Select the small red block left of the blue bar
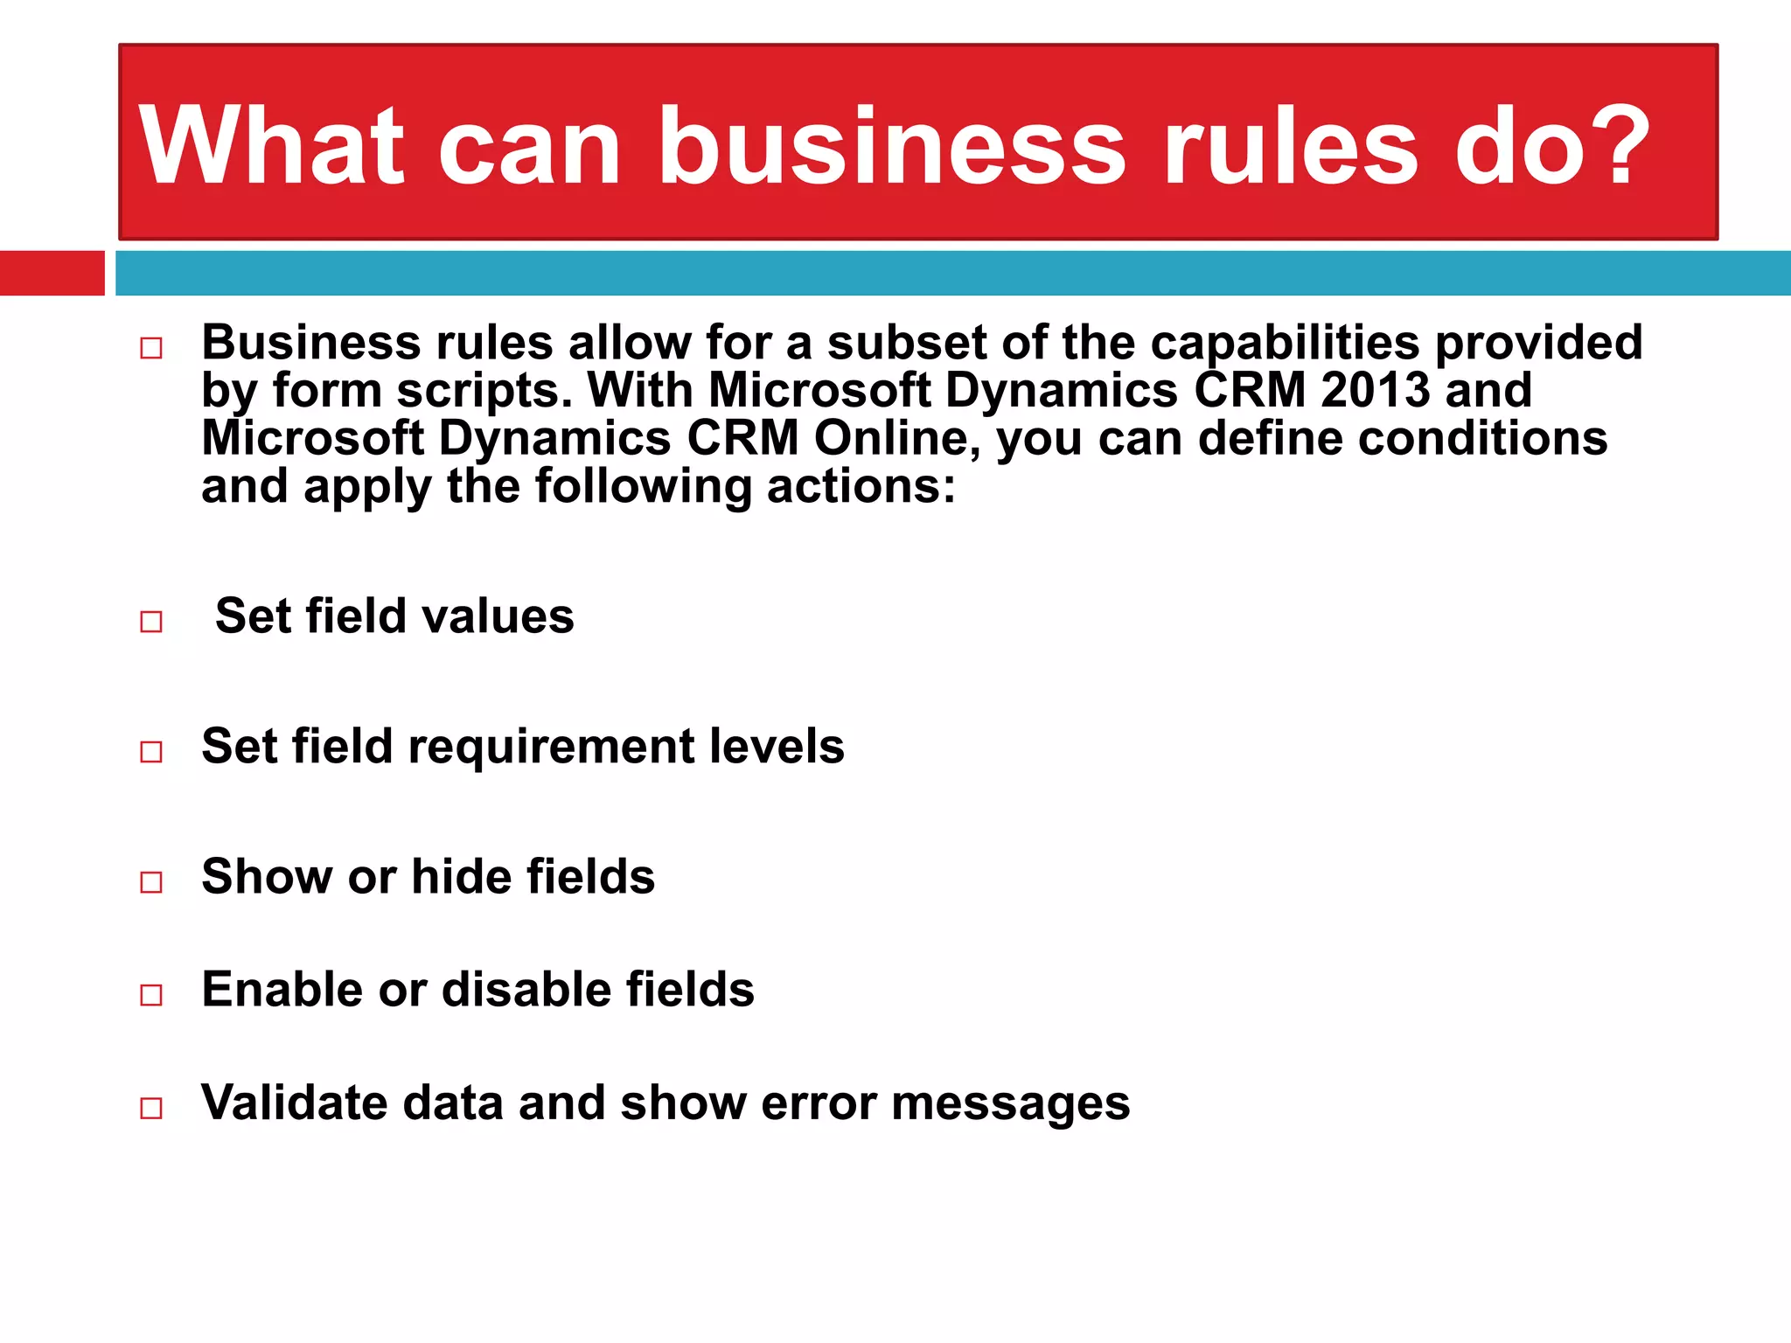point(52,273)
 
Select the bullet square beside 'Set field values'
point(151,621)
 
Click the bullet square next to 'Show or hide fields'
point(151,881)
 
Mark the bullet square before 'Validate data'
point(151,1108)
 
